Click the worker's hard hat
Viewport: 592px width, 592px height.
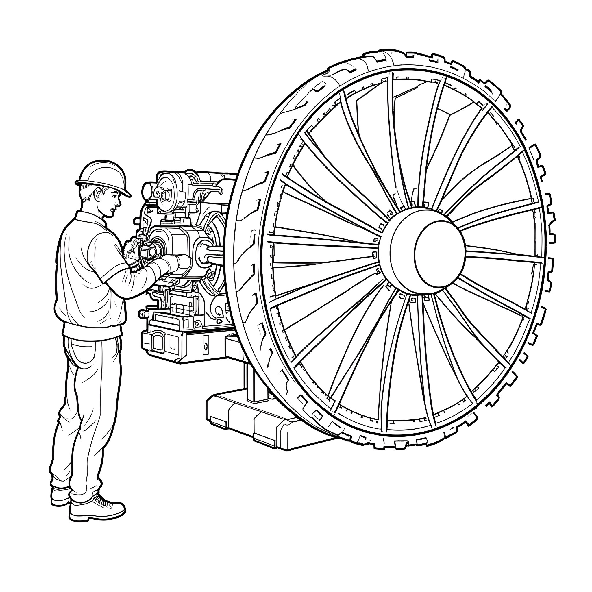click(x=103, y=173)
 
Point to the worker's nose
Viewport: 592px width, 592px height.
click(x=119, y=202)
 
